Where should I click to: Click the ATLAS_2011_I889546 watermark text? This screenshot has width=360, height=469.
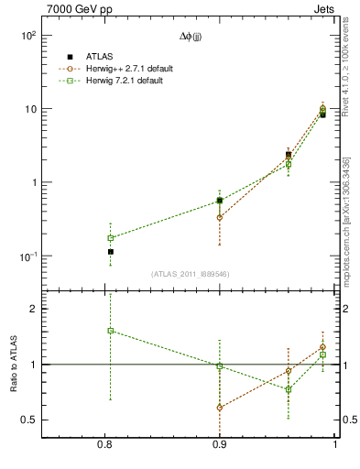coord(191,273)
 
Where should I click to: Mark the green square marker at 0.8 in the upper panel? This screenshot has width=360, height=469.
coord(111,238)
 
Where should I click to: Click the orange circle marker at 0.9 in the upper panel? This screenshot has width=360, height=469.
coord(220,217)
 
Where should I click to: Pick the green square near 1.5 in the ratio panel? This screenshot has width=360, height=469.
coord(111,331)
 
